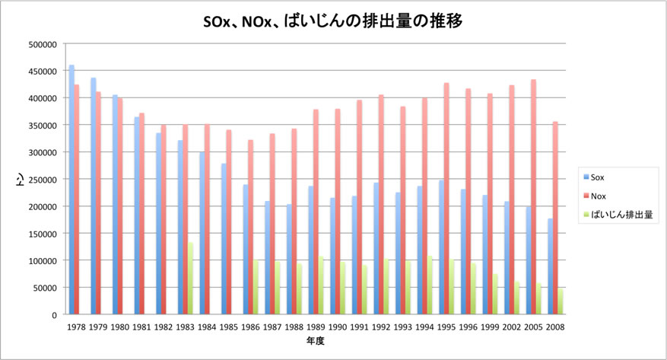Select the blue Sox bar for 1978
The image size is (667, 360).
tap(71, 190)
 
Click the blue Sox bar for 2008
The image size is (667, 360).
tap(549, 266)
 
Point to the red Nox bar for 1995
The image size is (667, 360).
tap(447, 198)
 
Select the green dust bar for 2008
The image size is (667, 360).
tap(561, 301)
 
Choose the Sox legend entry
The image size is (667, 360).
tap(597, 177)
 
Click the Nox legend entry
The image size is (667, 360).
tap(597, 196)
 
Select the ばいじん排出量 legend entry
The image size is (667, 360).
tap(615, 215)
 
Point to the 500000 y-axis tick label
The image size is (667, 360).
tap(42, 44)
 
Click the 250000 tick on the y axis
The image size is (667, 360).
tap(42, 180)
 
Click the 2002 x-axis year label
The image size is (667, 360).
tap(513, 327)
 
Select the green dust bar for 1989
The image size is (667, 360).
tap(321, 285)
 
